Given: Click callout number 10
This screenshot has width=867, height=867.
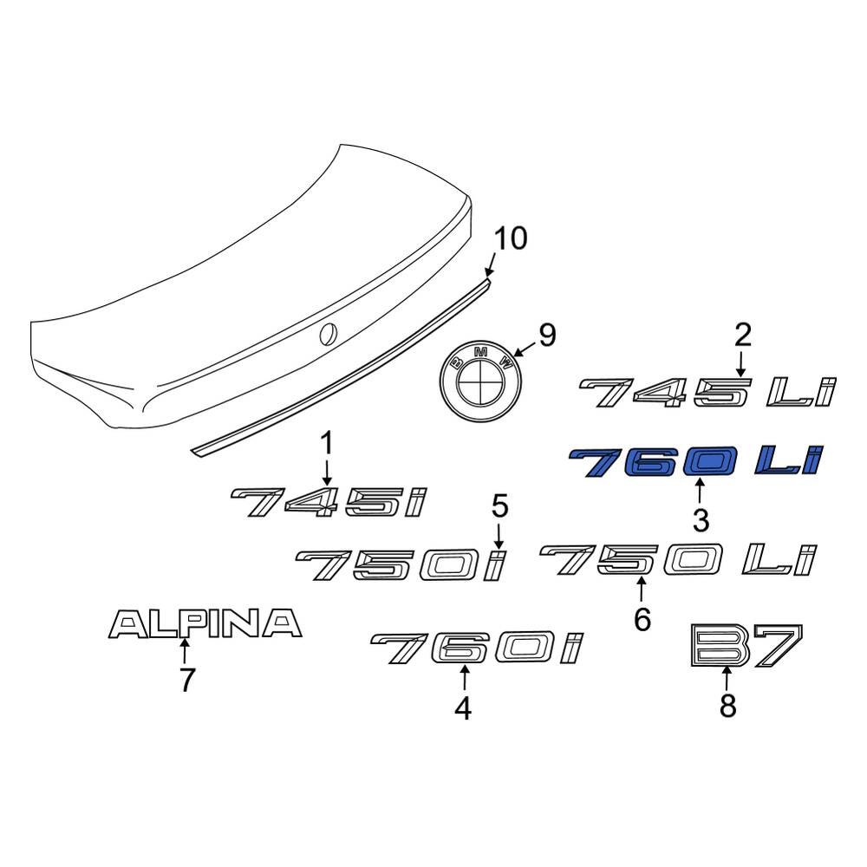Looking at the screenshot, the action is (x=511, y=239).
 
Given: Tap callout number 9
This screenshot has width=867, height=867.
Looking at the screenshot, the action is (x=547, y=336).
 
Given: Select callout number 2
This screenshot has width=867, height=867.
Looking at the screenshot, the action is (x=742, y=336).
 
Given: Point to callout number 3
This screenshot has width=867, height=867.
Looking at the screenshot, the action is (x=701, y=520).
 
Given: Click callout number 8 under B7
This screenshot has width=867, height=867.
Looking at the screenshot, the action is (x=727, y=705).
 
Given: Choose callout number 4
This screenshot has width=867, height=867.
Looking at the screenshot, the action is (x=463, y=708).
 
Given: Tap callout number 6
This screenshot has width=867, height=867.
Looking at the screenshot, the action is (x=642, y=619).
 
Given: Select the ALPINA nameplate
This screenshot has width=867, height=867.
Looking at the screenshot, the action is (x=205, y=623).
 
